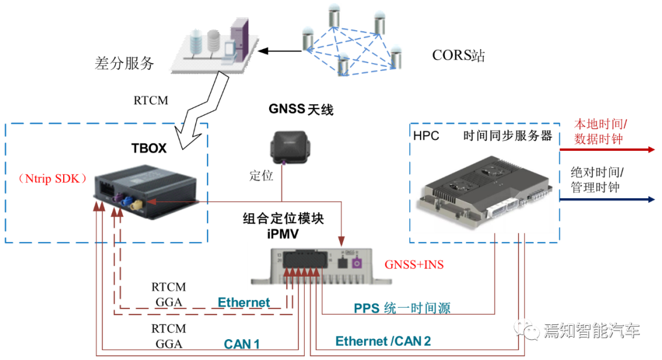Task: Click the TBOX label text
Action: tap(149, 148)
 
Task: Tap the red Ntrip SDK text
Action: tap(54, 179)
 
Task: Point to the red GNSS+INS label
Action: tap(414, 265)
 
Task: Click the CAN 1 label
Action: tap(242, 344)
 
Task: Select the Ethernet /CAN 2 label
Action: tap(383, 341)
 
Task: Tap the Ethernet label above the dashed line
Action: tap(243, 302)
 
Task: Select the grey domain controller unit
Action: tap(484, 193)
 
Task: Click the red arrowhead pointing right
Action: tap(651, 149)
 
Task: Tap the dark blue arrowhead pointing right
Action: tap(651, 199)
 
